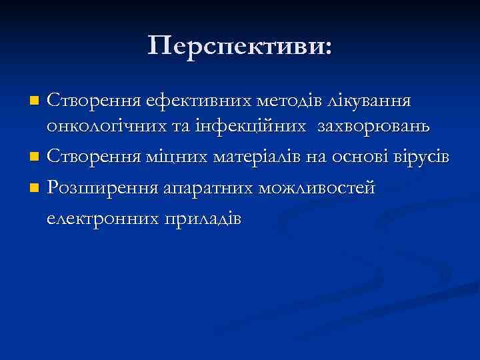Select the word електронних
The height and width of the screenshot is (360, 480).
(100, 219)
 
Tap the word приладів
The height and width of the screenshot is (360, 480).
(199, 219)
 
